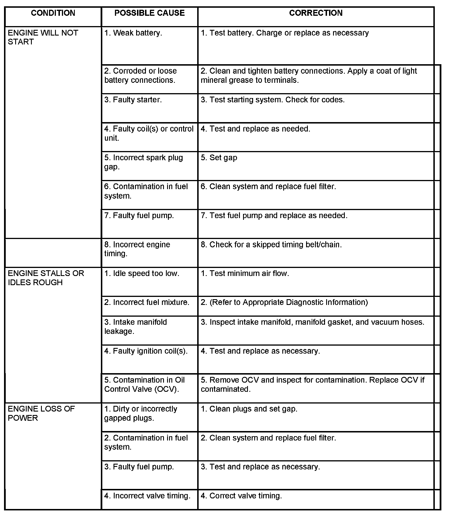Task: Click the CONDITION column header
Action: [x=53, y=13]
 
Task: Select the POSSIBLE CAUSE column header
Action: [x=149, y=13]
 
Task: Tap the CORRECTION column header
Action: [x=316, y=13]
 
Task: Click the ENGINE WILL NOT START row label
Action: [x=43, y=37]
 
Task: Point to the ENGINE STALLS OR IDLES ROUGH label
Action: [x=46, y=278]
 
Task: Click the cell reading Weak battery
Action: [x=133, y=33]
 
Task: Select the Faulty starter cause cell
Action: [x=133, y=100]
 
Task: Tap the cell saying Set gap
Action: [x=219, y=158]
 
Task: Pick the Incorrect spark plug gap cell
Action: [x=143, y=162]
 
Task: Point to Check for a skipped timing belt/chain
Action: [x=271, y=244]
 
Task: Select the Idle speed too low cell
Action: [x=142, y=273]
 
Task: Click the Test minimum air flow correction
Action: [x=245, y=273]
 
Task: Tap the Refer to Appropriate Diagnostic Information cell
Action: [x=284, y=302]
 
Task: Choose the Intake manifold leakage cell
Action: [x=135, y=327]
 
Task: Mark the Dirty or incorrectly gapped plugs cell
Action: [x=140, y=414]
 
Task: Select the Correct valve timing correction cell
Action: [x=241, y=496]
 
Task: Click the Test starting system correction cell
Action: [x=273, y=100]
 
